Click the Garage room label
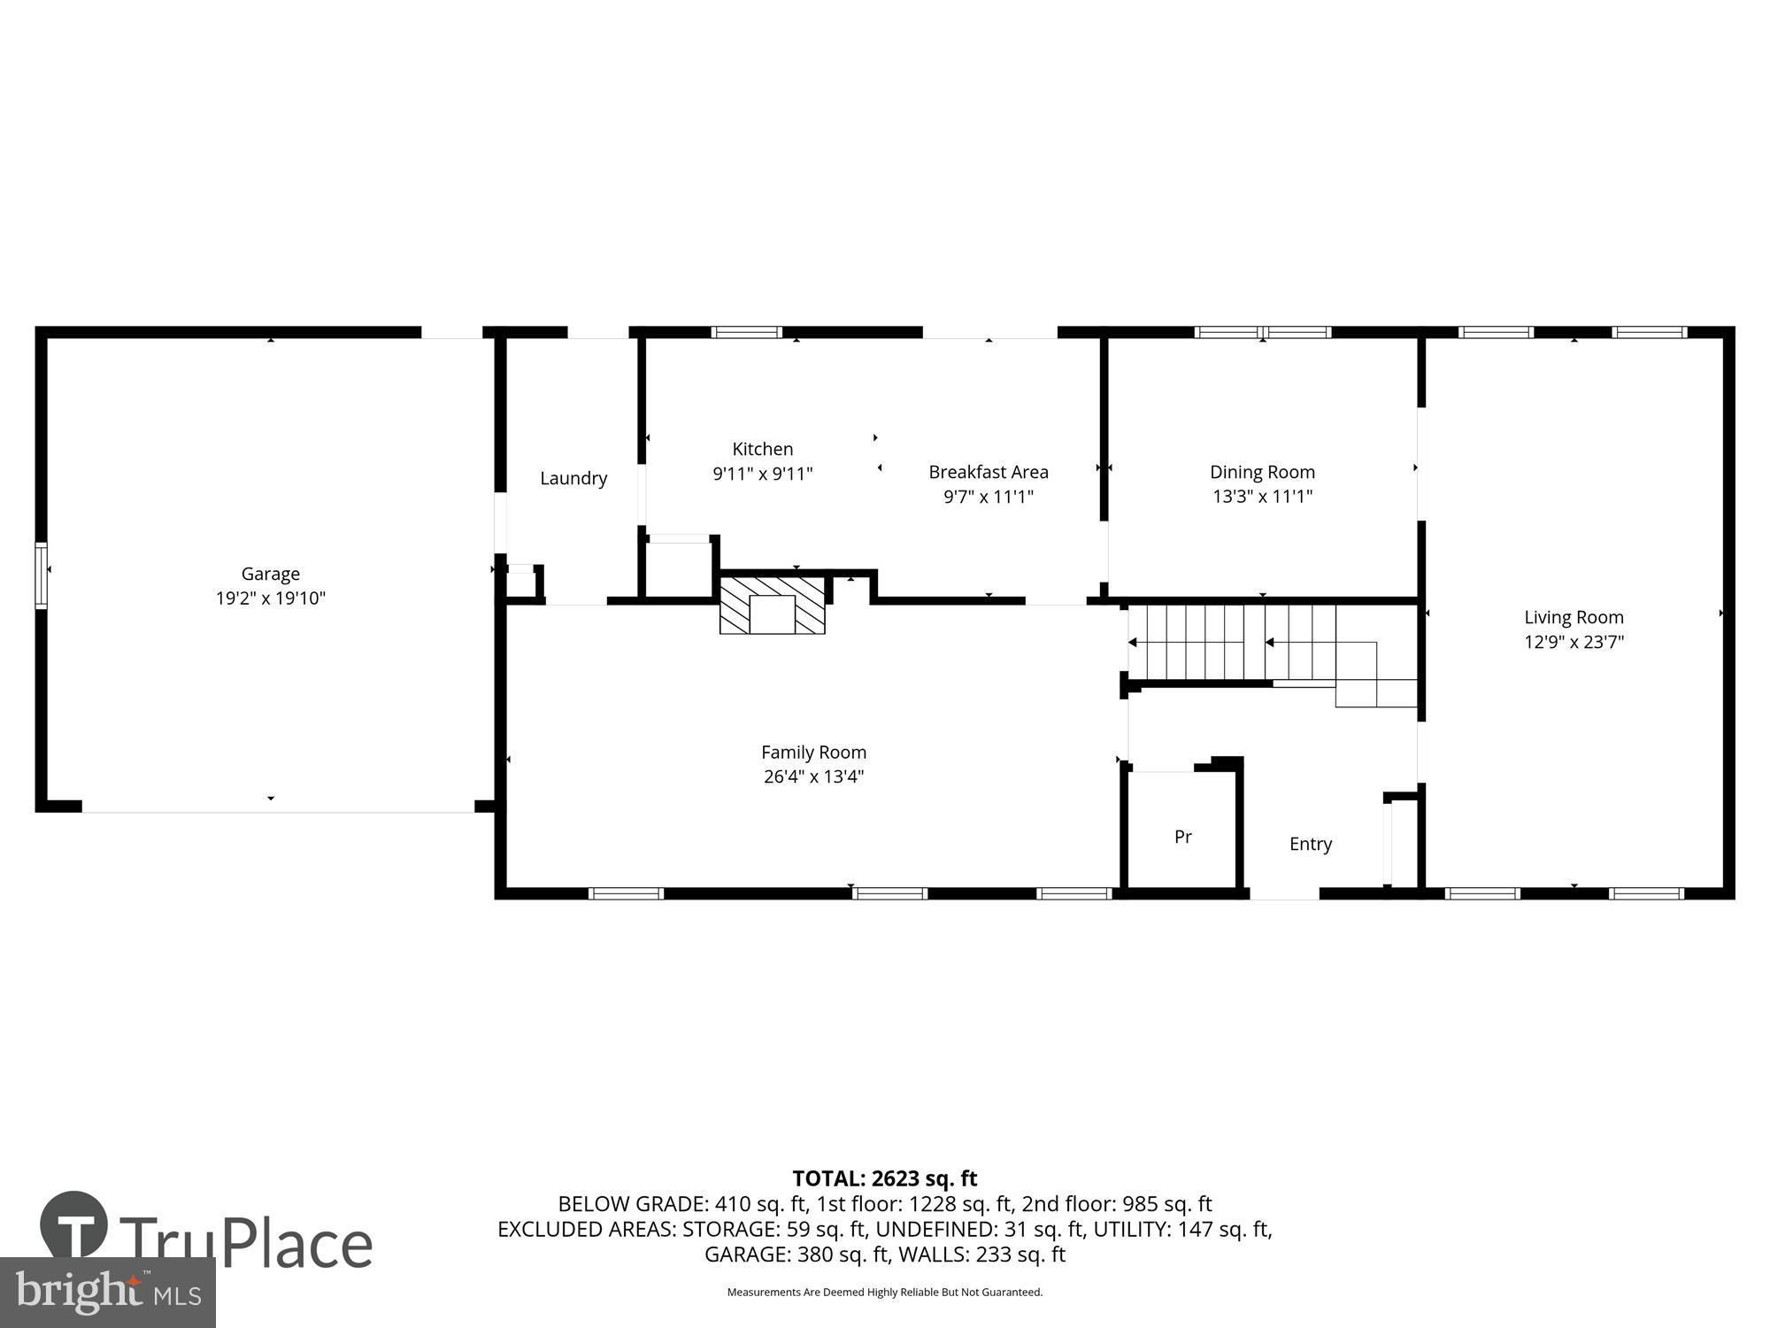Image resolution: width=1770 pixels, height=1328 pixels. tap(270, 574)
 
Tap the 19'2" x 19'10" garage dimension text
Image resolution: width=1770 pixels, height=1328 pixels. tap(270, 598)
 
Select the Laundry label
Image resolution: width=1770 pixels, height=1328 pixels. tap(573, 478)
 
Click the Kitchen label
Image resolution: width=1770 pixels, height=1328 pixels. tap(762, 449)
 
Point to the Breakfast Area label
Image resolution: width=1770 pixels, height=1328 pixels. tap(988, 472)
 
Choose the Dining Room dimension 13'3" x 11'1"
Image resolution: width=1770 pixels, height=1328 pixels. tap(1262, 497)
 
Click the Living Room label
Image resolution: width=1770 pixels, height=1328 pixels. tap(1574, 617)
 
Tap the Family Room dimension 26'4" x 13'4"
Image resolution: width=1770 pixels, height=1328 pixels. tap(813, 776)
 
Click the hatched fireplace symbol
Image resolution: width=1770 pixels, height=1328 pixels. tap(772, 606)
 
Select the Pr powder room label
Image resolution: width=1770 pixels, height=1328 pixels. tap(1182, 837)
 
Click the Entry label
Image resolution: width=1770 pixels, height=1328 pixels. tap(1310, 844)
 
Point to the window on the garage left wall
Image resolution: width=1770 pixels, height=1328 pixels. tap(41, 575)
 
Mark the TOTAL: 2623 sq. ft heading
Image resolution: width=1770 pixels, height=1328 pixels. tap(884, 1178)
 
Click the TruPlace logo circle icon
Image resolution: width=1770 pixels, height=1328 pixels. tap(74, 1224)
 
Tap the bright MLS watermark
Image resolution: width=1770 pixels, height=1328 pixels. tap(108, 1293)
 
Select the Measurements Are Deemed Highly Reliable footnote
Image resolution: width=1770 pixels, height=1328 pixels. tap(884, 1293)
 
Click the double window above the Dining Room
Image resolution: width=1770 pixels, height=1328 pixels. tap(1262, 333)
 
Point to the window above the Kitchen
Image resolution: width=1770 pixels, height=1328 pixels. tap(746, 333)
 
